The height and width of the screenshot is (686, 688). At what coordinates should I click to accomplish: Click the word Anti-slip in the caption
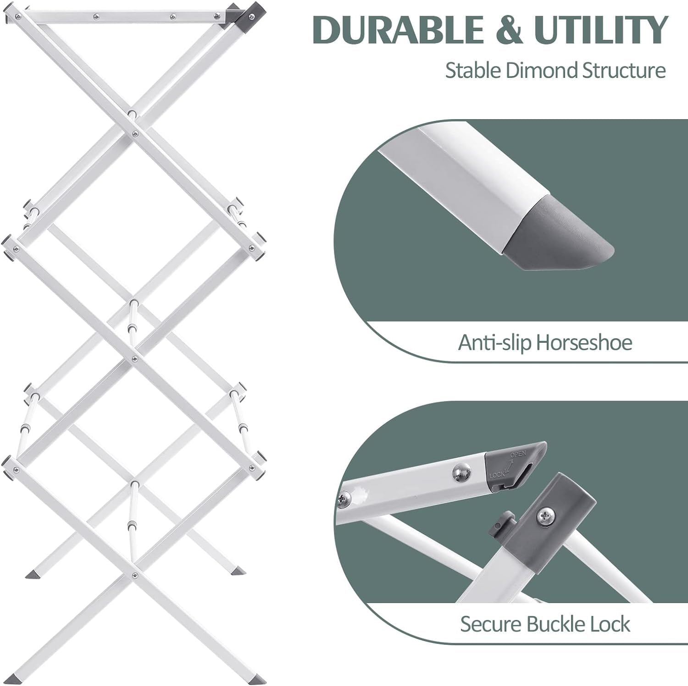point(494,342)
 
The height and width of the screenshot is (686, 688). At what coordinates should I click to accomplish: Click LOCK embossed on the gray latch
point(497,475)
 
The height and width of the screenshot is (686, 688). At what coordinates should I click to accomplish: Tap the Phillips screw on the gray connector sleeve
point(544,516)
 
